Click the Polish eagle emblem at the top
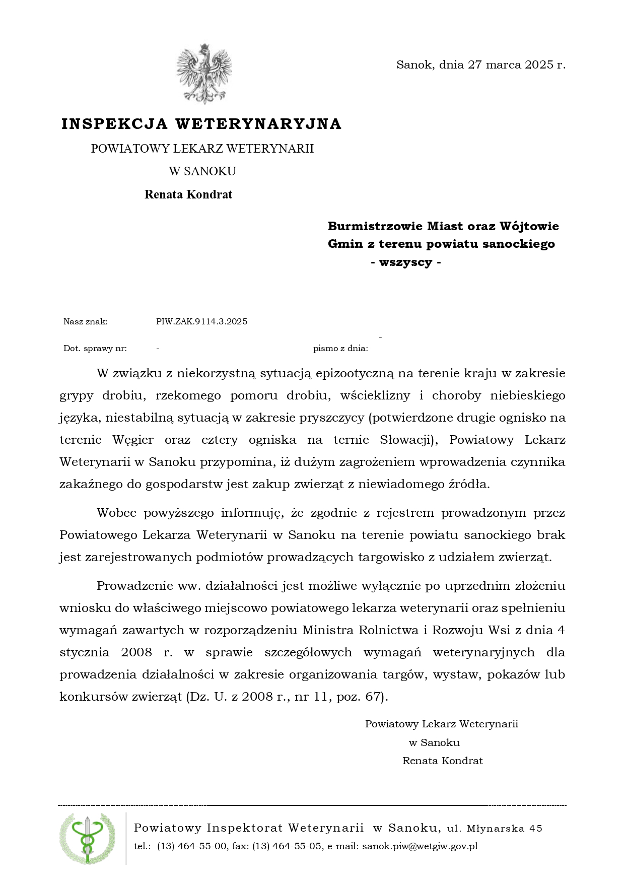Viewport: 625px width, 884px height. pos(204,74)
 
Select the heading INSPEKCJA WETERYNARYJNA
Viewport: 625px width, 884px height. pos(201,124)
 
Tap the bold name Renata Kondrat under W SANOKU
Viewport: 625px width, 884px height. pos(188,194)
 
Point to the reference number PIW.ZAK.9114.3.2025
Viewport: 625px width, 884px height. pos(201,321)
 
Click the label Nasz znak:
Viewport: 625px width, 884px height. pos(86,321)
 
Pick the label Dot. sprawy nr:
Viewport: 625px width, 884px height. pos(95,348)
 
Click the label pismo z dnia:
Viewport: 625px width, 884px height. pos(340,348)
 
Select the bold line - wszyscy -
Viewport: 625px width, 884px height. pos(406,262)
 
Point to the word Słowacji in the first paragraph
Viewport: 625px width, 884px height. pos(407,440)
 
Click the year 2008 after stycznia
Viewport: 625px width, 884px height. pos(136,652)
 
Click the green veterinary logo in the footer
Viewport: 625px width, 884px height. pos(87,839)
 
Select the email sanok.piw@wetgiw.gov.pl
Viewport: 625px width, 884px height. pos(420,846)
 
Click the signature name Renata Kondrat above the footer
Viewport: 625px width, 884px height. pos(442,761)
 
